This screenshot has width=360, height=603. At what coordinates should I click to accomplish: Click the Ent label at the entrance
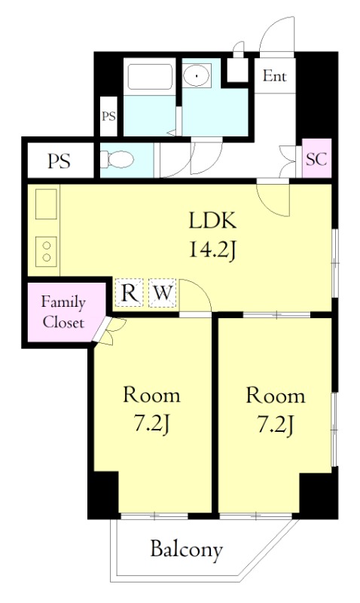274,76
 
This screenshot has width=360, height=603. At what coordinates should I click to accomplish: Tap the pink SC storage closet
316,158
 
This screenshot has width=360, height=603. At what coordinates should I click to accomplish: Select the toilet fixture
117,159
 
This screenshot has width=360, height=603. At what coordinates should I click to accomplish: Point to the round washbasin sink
197,75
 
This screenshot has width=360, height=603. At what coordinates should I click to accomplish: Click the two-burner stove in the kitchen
47,251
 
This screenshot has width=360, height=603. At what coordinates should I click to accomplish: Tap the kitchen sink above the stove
47,204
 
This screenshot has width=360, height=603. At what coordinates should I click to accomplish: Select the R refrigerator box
129,292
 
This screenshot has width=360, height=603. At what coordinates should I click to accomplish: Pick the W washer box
163,292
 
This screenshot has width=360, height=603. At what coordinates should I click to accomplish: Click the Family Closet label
63,312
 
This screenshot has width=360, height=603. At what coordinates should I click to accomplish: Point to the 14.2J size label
212,250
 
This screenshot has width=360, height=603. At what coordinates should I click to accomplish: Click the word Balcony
186,550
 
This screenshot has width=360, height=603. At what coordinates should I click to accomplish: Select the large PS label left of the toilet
59,161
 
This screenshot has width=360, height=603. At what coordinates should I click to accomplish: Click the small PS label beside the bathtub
108,116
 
